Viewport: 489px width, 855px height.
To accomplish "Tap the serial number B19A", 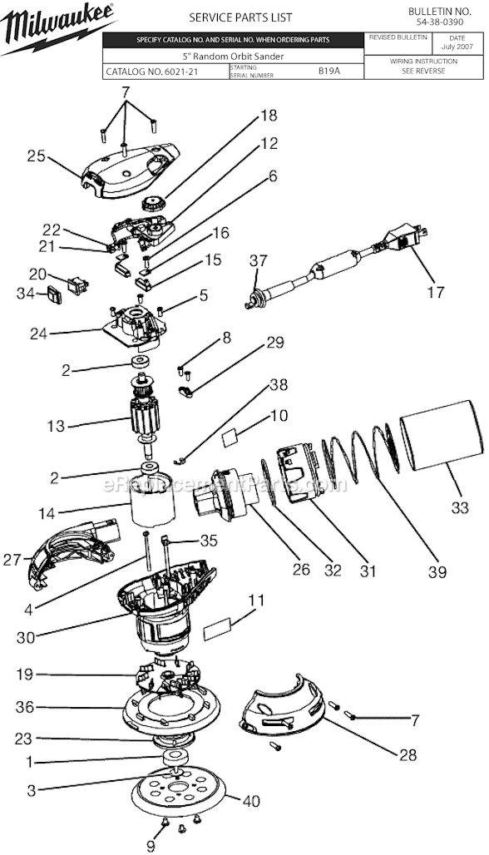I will [x=329, y=72].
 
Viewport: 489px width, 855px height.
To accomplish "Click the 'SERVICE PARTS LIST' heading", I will [x=232, y=17].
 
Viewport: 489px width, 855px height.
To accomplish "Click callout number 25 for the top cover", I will [x=35, y=156].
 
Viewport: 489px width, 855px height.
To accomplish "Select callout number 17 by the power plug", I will [x=436, y=292].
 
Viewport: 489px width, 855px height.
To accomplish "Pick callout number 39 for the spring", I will [x=437, y=571].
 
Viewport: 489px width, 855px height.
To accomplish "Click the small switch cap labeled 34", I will [x=55, y=294].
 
